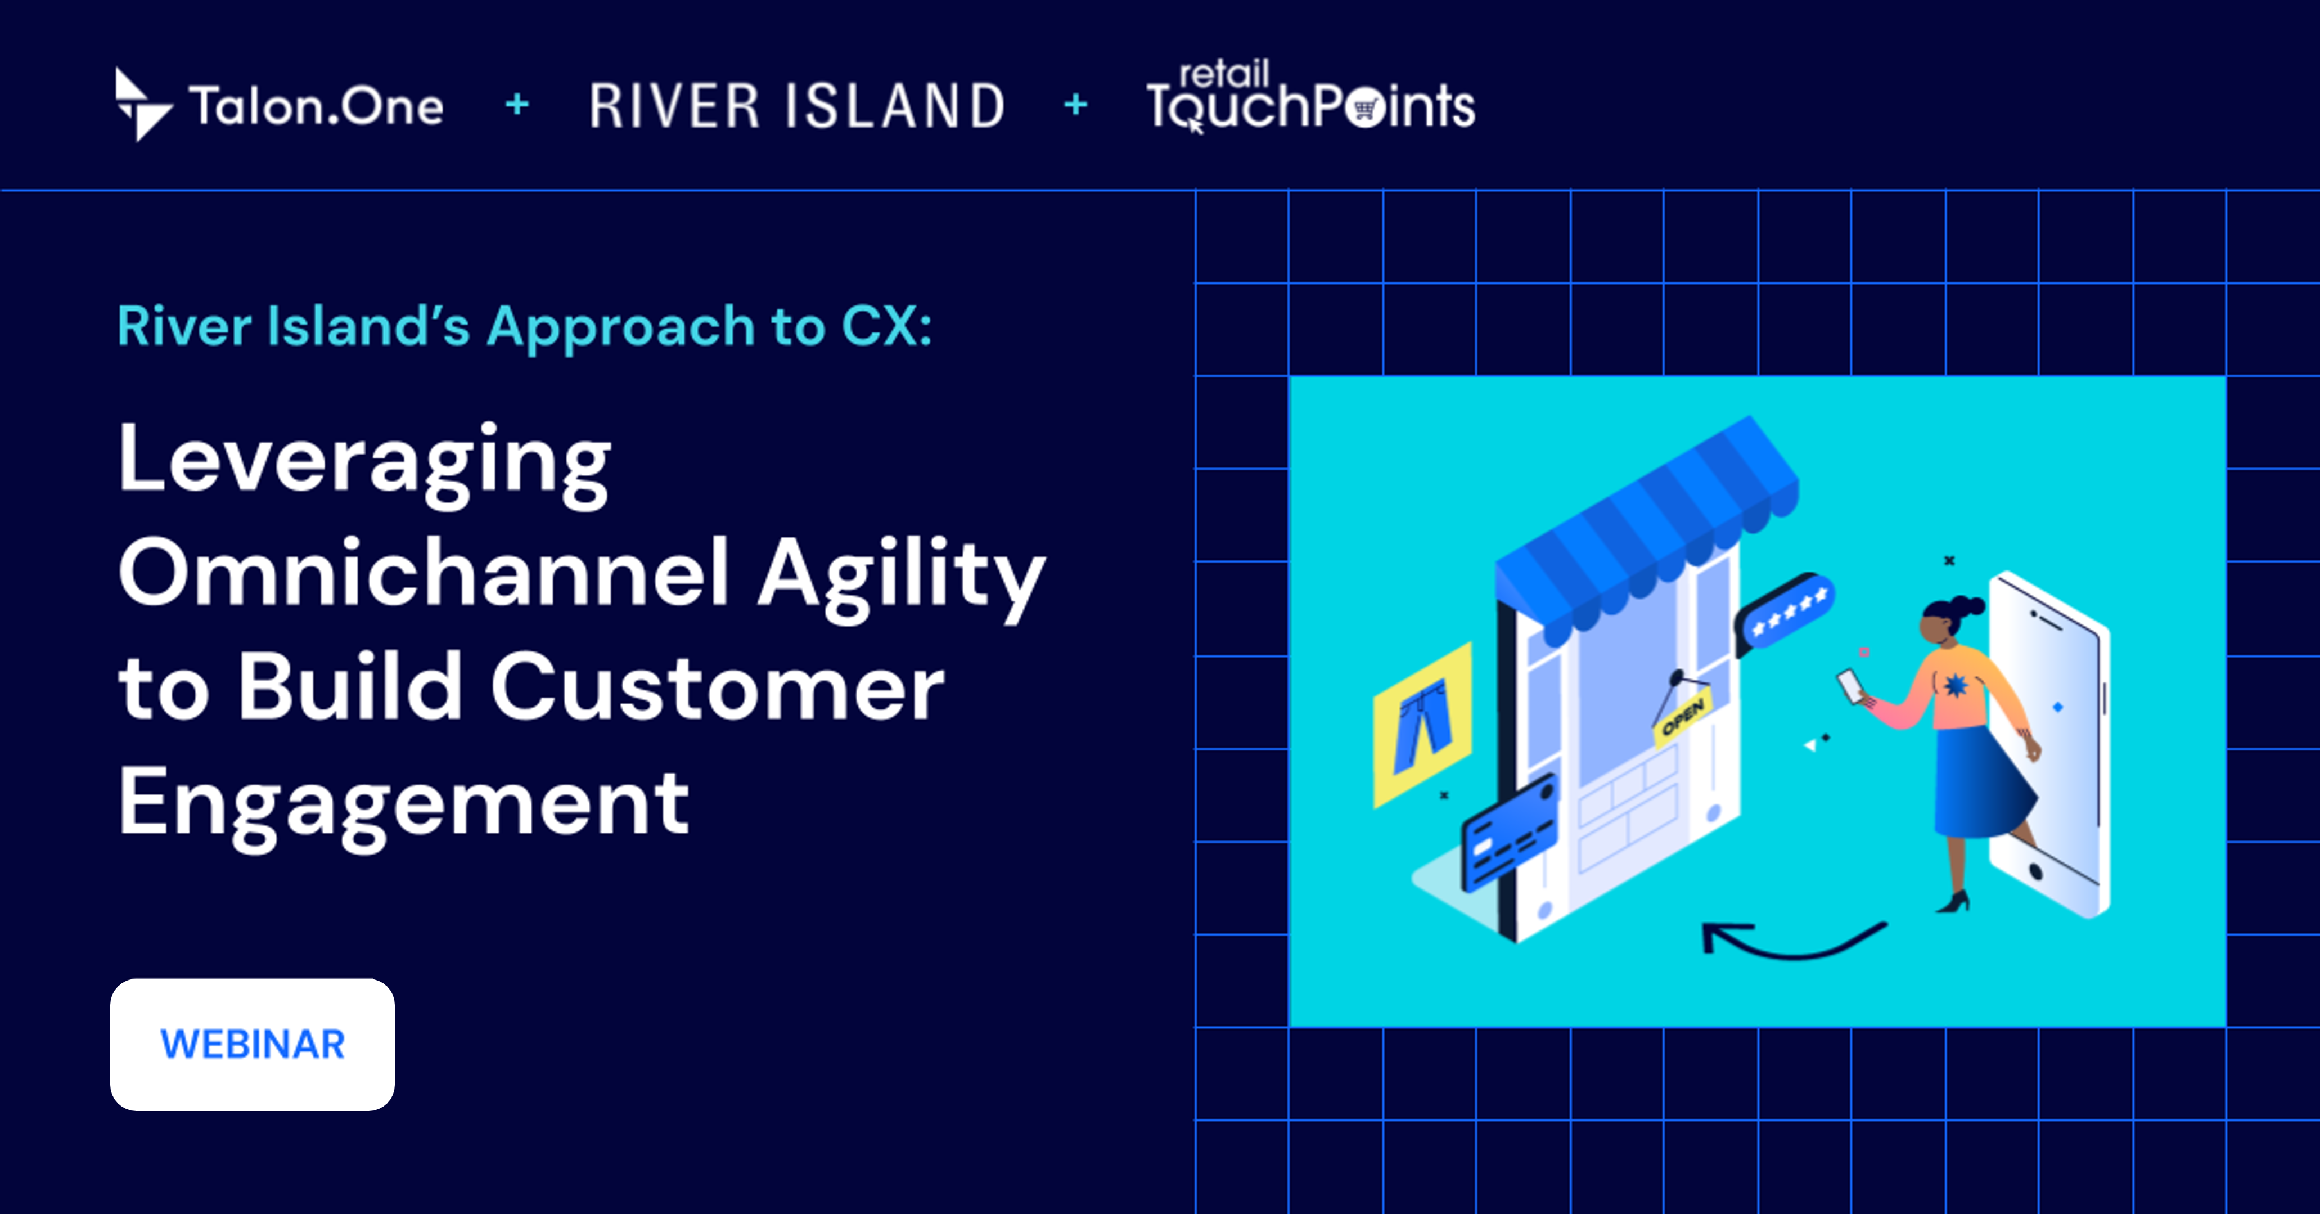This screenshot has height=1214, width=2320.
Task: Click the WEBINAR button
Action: coord(252,1045)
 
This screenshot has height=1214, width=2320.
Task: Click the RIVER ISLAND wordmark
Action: coord(796,106)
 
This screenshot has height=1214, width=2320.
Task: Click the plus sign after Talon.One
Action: coord(517,105)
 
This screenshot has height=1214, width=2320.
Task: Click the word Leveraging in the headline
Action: coord(365,461)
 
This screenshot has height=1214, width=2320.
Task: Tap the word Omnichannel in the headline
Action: coord(424,574)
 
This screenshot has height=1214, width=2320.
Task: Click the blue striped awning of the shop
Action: coord(1648,523)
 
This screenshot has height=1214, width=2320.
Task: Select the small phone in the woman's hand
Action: coord(1851,686)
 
